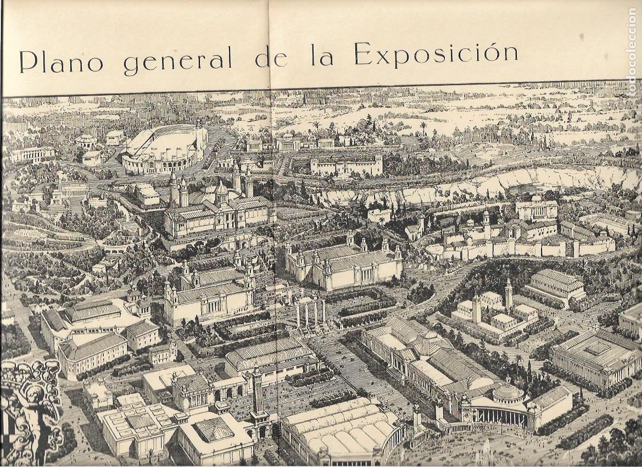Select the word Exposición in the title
(x=436, y=54)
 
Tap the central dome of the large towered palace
(x=221, y=190)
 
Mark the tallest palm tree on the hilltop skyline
(x=423, y=127)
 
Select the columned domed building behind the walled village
(x=536, y=208)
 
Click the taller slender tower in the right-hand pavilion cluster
(x=509, y=293)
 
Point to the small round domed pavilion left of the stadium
(x=86, y=141)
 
